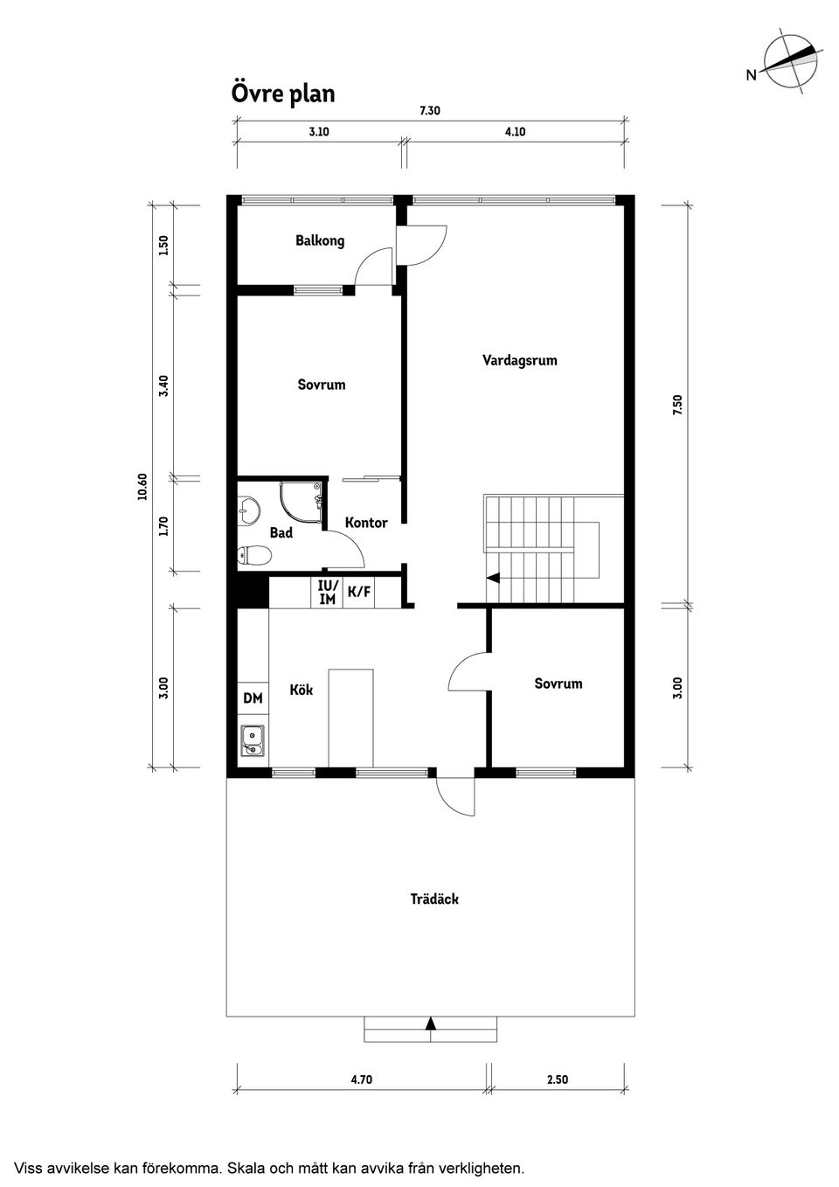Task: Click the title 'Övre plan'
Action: click(282, 93)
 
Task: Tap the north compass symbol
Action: click(790, 62)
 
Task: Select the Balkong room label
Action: click(320, 240)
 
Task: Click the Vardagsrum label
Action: click(519, 360)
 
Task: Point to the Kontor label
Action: click(366, 523)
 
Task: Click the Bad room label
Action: click(281, 532)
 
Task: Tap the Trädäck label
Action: click(434, 899)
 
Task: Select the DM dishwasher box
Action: click(253, 698)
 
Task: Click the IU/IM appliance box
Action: click(327, 593)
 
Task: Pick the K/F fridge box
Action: click(359, 593)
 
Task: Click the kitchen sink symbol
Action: click(253, 740)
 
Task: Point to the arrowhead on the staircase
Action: click(493, 578)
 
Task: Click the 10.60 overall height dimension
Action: click(142, 487)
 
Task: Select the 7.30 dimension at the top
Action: click(429, 111)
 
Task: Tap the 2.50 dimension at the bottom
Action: click(557, 1079)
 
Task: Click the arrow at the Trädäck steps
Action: click(430, 1023)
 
